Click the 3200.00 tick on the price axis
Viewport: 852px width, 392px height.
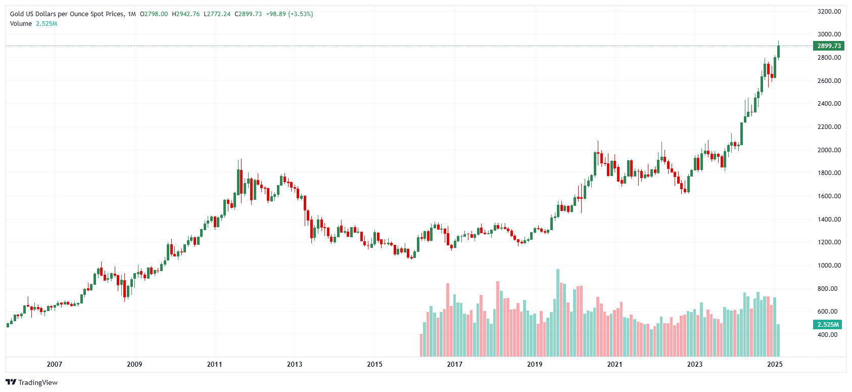tap(829, 12)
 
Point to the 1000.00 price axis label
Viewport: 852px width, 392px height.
tap(829, 266)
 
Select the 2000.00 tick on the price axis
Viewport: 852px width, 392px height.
tap(829, 150)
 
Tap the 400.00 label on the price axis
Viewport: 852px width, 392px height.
tap(827, 335)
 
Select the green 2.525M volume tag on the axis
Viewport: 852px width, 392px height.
tap(828, 325)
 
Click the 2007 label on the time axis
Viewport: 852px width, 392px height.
tap(55, 364)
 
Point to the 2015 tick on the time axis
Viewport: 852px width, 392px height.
tap(374, 364)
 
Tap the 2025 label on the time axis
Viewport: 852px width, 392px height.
tap(775, 364)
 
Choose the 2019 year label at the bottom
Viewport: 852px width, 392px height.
tap(535, 364)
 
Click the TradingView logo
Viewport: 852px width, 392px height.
tap(32, 382)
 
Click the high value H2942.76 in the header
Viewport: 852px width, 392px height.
tap(185, 14)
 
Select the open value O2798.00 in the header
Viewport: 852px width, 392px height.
tap(154, 14)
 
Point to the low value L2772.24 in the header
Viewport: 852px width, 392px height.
tap(217, 14)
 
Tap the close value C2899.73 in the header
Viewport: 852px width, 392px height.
tap(248, 14)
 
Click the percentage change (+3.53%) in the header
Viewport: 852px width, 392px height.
tap(301, 14)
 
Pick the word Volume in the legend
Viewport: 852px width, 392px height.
tap(21, 24)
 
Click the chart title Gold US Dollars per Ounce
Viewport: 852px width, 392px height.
tap(67, 14)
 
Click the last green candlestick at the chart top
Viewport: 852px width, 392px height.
tap(779, 51)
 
